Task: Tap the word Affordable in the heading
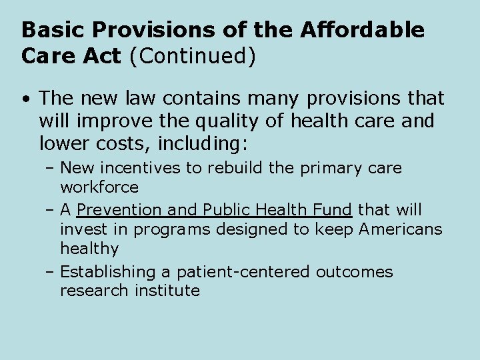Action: coord(362,30)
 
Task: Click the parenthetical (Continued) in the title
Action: coord(193,56)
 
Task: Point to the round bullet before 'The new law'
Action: coord(25,99)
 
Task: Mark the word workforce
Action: coord(99,187)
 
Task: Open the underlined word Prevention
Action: coord(119,210)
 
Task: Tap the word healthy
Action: coord(89,249)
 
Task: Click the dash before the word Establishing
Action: coord(51,272)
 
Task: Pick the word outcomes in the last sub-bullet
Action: coord(355,272)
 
